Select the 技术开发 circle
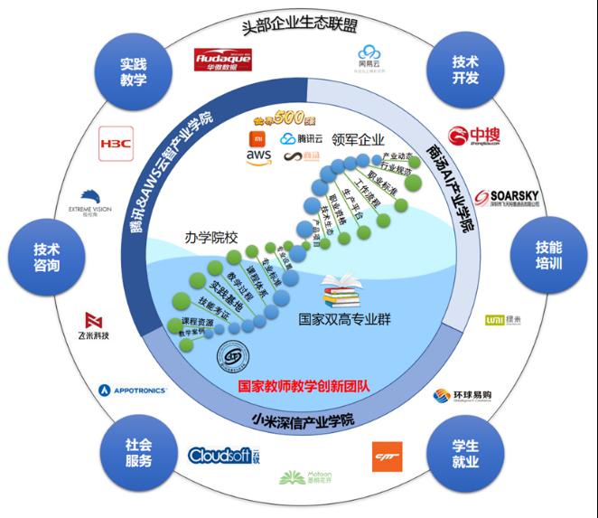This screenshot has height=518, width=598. click(x=464, y=71)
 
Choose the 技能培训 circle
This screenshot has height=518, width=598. click(x=547, y=254)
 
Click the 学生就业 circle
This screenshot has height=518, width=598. click(x=465, y=449)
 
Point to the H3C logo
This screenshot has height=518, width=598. click(x=116, y=142)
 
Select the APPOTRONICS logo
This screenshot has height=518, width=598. click(x=133, y=391)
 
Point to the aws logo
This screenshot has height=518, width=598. click(x=258, y=156)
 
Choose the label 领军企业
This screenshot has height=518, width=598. click(x=359, y=140)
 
